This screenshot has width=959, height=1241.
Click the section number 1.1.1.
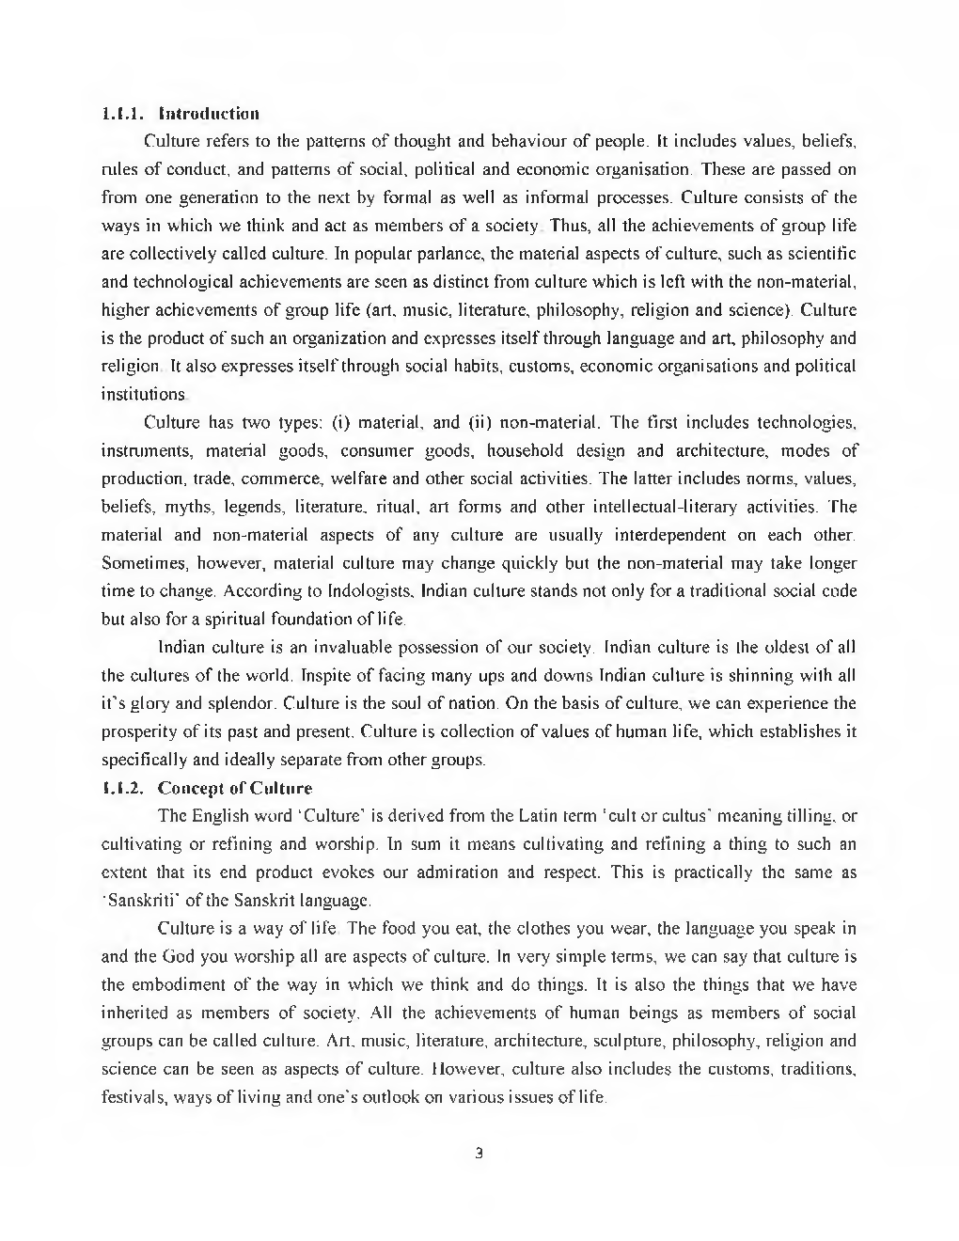[x=121, y=114]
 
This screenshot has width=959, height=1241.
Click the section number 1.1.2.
[x=121, y=787]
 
